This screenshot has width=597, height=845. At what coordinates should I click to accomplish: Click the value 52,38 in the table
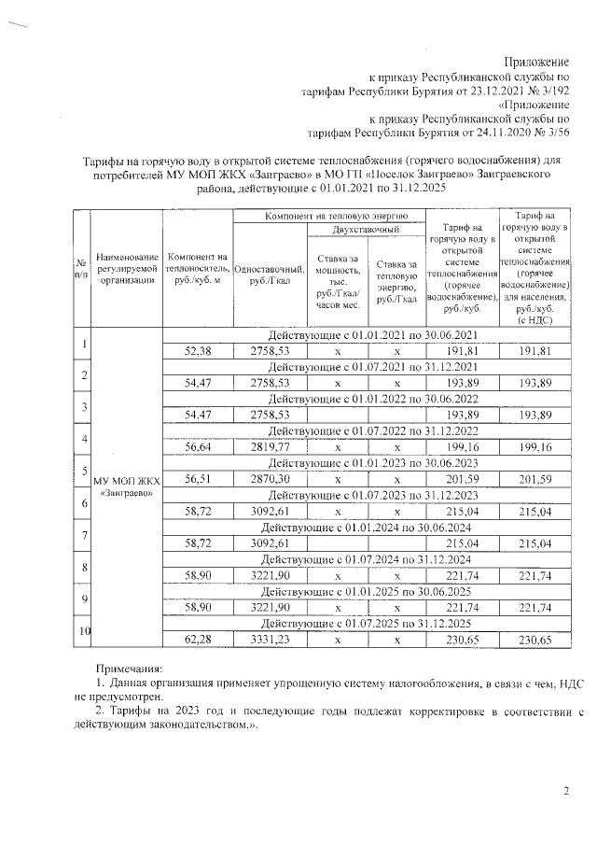[198, 351]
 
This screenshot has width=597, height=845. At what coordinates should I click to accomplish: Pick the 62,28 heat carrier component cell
[198, 638]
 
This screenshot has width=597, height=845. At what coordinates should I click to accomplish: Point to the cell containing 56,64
[198, 446]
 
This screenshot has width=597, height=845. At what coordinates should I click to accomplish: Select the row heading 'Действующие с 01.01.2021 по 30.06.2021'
[371, 334]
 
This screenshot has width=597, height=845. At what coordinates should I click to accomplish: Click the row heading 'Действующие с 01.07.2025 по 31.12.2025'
[371, 622]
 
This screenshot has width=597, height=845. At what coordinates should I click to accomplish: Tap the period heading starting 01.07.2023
[371, 494]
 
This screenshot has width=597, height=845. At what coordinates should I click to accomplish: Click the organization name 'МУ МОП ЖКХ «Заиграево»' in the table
[126, 486]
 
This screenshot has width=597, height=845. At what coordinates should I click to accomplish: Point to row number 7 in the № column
[83, 535]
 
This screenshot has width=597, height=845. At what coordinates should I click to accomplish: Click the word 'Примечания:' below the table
[130, 669]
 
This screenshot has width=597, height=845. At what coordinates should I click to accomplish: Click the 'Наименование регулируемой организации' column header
[126, 270]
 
